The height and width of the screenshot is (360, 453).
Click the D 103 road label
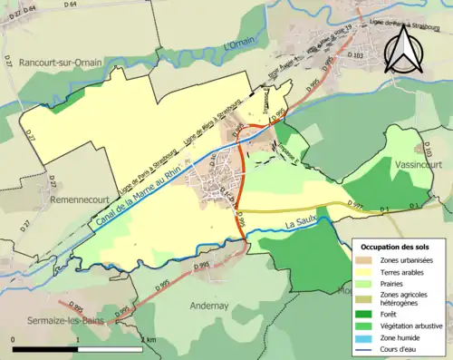coord(354,55)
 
